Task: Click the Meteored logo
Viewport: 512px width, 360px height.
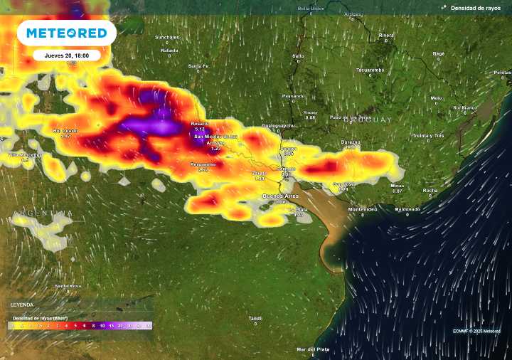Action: pyautogui.click(x=67, y=33)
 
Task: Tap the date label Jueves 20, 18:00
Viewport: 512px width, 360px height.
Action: pyautogui.click(x=67, y=55)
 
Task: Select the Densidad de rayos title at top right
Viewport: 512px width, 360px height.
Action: pyautogui.click(x=476, y=8)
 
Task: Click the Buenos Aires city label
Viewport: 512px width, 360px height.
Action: pyautogui.click(x=281, y=196)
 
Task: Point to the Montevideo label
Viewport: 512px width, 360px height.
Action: pyautogui.click(x=362, y=209)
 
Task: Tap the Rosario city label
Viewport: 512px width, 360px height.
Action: pyautogui.click(x=200, y=124)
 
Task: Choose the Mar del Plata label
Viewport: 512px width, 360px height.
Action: pyautogui.click(x=312, y=349)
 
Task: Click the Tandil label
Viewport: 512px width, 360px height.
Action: pyautogui.click(x=255, y=318)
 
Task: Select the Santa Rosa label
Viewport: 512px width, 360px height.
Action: pyautogui.click(x=68, y=286)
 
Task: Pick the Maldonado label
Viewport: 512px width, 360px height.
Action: pyautogui.click(x=407, y=209)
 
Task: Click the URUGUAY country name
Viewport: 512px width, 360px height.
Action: pyautogui.click(x=367, y=120)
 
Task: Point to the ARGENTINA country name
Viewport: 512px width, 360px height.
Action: pyautogui.click(x=43, y=213)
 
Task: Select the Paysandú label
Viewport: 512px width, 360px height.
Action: pyautogui.click(x=293, y=95)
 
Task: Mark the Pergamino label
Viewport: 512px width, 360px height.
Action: pyautogui.click(x=203, y=164)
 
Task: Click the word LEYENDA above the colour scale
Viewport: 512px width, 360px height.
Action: pyautogui.click(x=21, y=305)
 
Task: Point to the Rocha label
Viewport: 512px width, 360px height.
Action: pyautogui.click(x=430, y=190)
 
